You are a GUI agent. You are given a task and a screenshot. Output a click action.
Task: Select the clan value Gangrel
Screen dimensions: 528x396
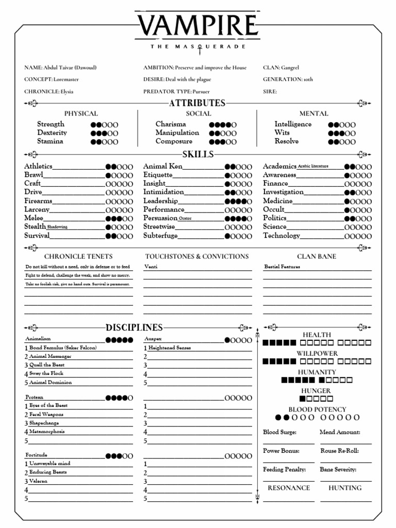290,68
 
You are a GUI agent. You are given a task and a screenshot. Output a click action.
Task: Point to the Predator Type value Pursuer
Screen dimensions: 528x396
201,91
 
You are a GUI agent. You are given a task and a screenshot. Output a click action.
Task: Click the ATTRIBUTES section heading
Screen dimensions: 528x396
197,103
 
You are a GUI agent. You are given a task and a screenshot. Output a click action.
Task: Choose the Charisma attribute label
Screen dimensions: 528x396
171,124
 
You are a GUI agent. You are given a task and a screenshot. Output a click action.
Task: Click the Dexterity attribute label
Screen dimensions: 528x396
52,133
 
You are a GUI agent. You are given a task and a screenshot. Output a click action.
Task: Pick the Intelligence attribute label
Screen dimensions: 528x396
293,124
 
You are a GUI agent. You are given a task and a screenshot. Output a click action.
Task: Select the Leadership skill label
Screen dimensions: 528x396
160,201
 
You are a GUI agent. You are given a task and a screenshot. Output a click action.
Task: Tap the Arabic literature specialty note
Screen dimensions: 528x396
313,166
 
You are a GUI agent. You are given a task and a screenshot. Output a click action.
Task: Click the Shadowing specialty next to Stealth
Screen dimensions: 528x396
57,226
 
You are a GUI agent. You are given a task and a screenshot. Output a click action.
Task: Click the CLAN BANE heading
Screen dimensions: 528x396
317,256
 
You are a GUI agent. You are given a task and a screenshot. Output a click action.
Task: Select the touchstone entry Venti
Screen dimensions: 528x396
151,267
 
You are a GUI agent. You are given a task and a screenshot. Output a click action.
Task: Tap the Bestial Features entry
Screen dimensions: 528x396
282,267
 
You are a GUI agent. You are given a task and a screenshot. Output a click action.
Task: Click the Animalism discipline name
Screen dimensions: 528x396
38,339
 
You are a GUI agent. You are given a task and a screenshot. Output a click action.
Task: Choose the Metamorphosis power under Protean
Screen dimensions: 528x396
47,431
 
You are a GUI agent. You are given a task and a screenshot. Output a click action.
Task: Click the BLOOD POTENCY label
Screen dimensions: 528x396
317,409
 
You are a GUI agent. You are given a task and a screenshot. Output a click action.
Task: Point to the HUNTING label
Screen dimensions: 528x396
345,488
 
